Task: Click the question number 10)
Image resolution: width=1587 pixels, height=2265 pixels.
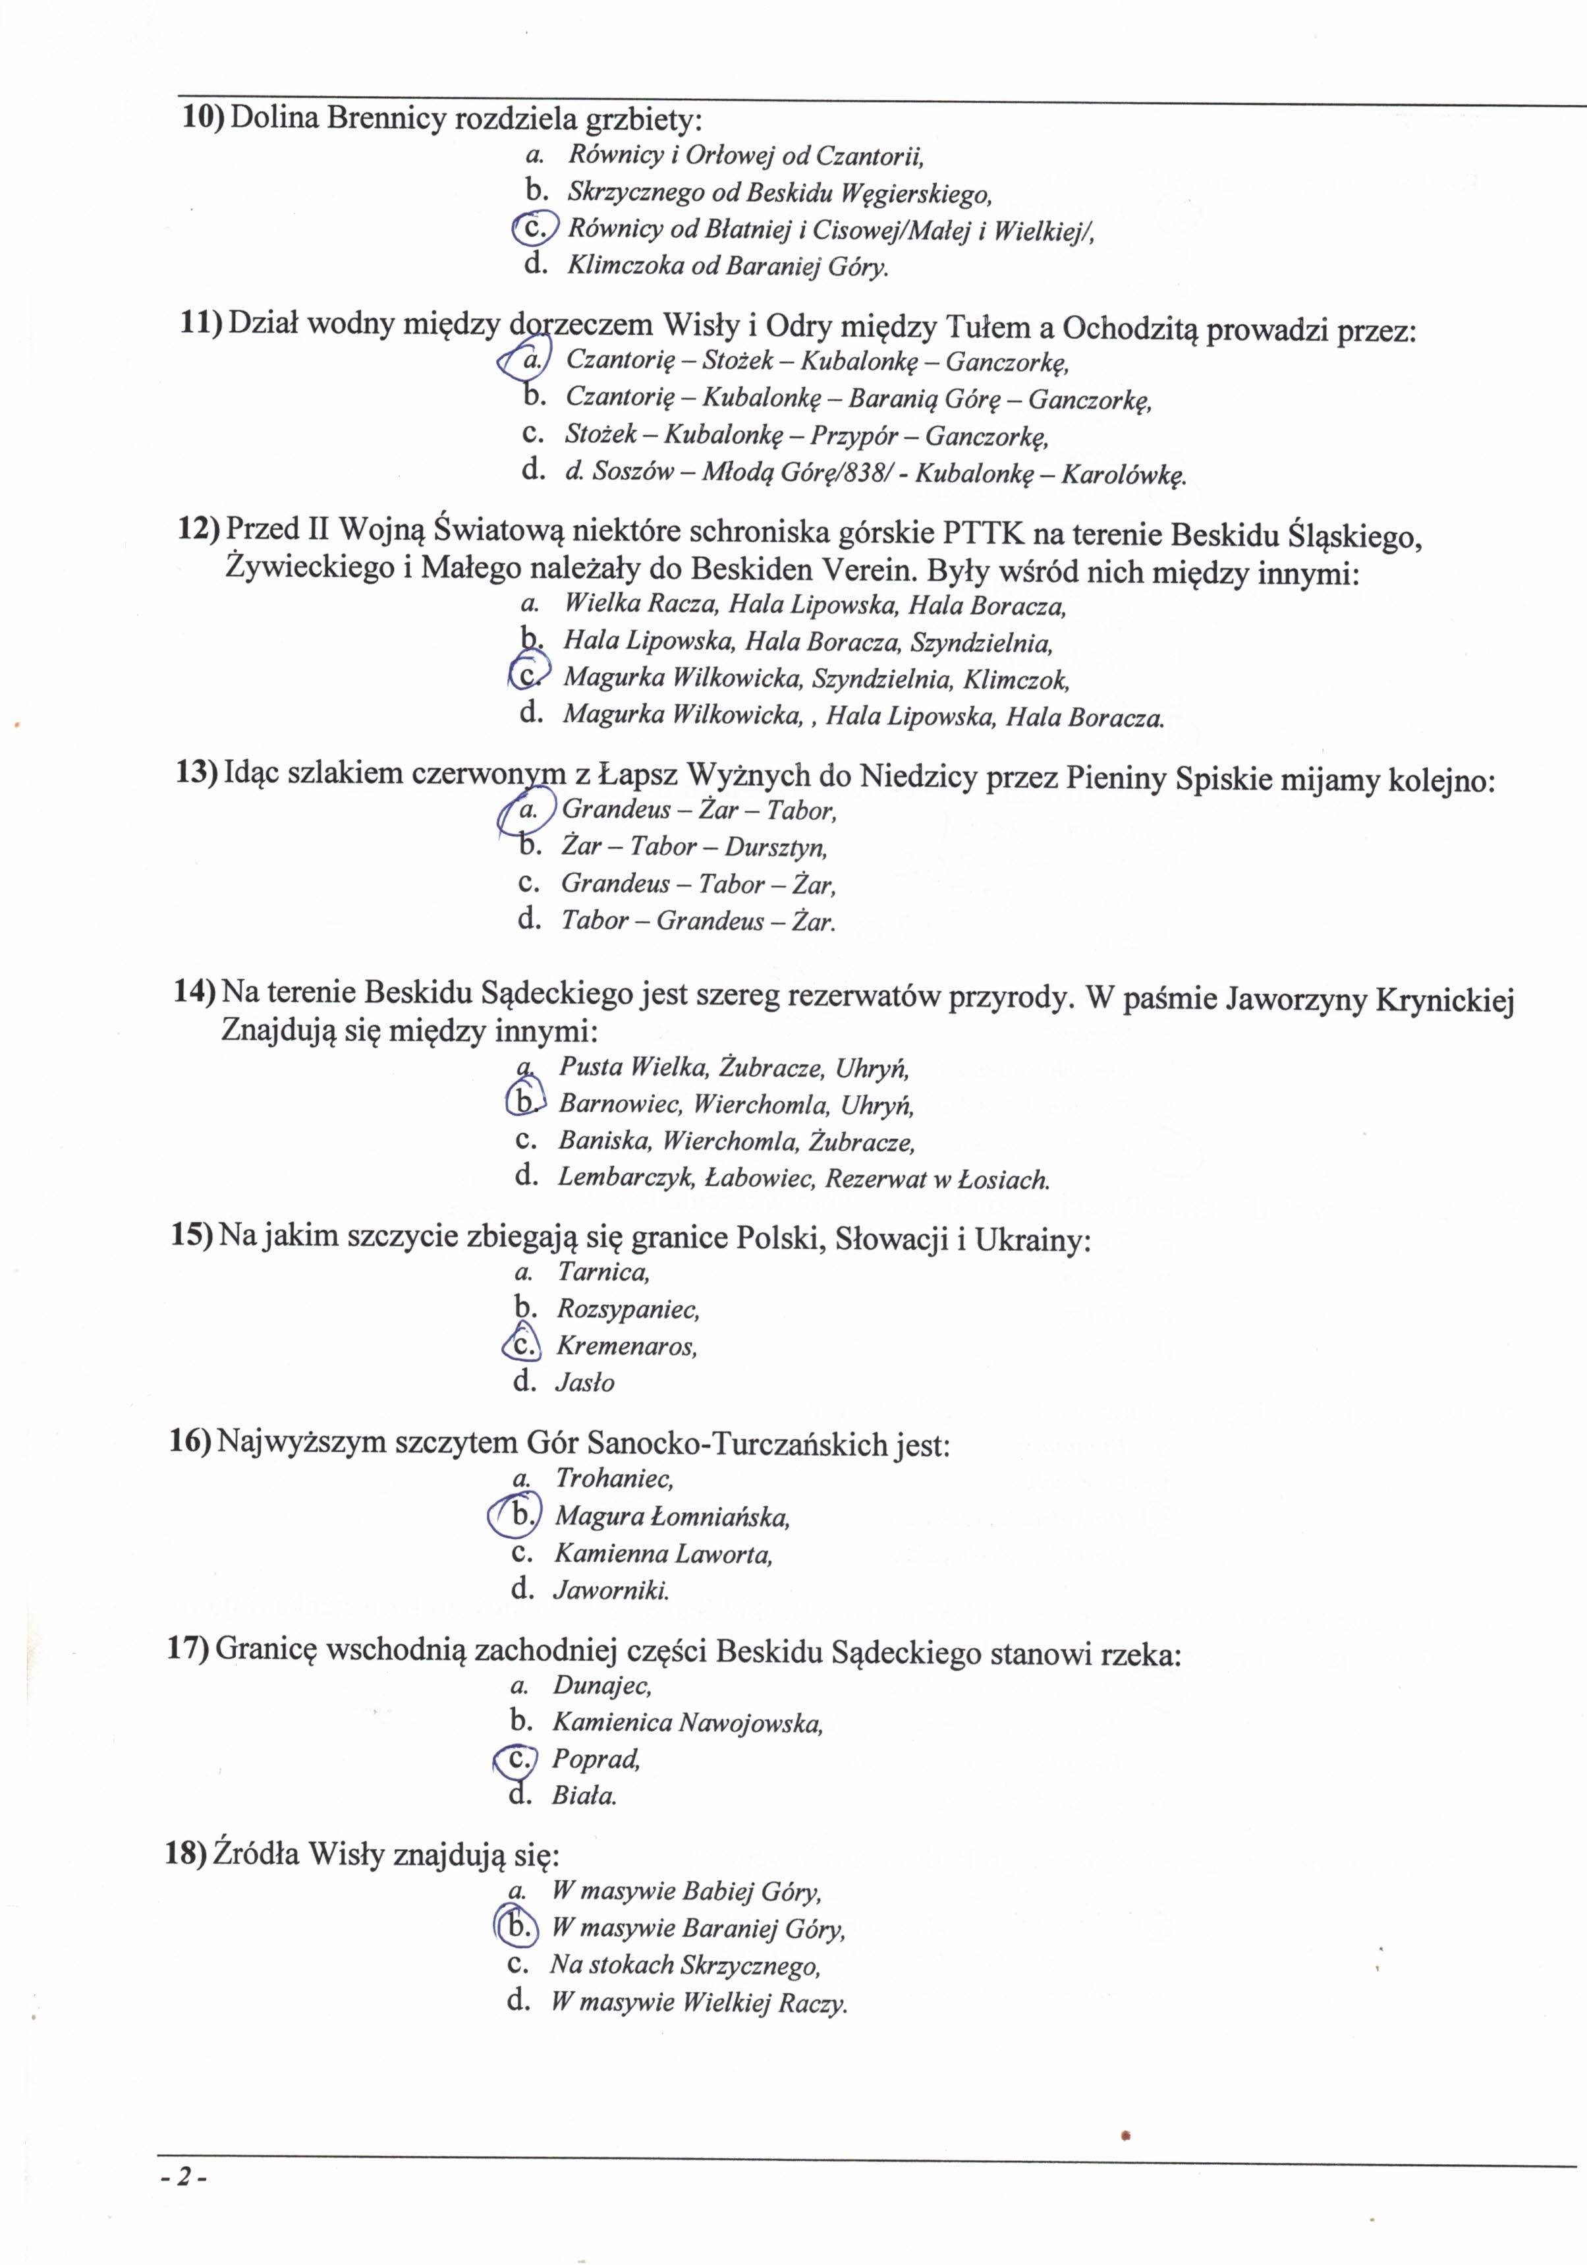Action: tap(202, 119)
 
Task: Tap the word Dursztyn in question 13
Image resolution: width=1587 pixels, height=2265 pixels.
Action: tap(775, 846)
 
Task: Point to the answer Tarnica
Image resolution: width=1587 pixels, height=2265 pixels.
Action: tap(603, 1273)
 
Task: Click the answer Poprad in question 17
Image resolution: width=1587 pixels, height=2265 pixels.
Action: tap(596, 1758)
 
